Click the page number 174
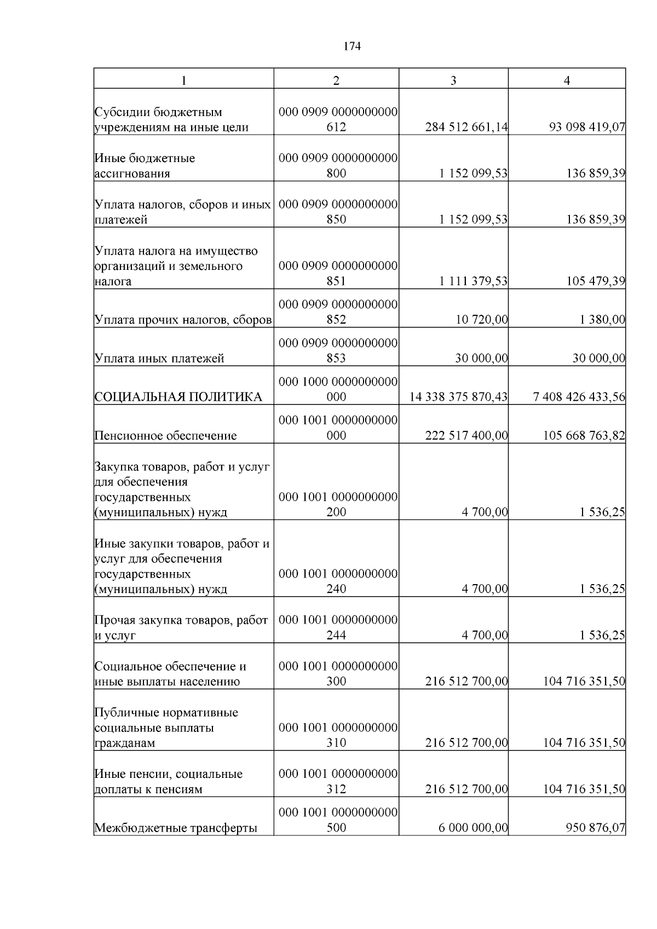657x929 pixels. [352, 47]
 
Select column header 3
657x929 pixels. [453, 80]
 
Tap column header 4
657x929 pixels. [567, 80]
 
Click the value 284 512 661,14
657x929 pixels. [466, 128]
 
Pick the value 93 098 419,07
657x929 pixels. [587, 128]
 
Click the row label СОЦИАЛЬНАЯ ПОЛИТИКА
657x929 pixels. [178, 397]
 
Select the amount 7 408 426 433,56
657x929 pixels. [579, 397]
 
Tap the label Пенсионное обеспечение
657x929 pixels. [166, 436]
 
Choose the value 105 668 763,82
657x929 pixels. [584, 436]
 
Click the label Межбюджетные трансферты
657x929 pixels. [176, 828]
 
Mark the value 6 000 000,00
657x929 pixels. [473, 828]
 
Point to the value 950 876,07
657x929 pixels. [596, 828]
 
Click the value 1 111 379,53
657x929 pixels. [473, 281]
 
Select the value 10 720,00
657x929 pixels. [482, 320]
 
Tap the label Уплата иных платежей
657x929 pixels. [159, 359]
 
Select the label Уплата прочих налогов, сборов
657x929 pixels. [183, 320]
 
